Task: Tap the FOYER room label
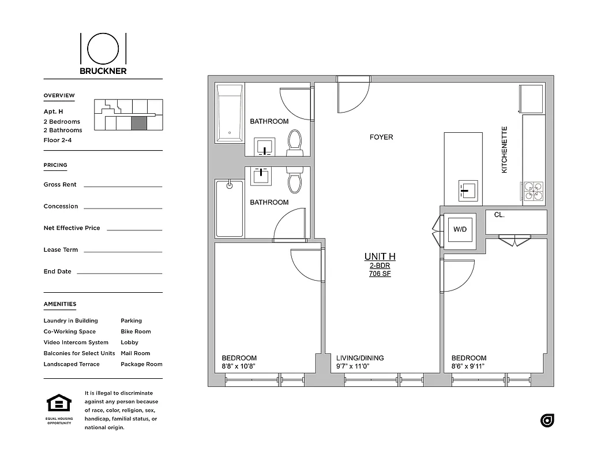coord(381,137)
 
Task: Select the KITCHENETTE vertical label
coord(504,150)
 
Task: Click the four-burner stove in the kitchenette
coord(533,192)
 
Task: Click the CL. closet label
coord(499,215)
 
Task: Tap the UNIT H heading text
coord(380,256)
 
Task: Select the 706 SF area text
coord(380,274)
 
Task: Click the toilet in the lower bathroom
coord(295,180)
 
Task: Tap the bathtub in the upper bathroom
coord(230,113)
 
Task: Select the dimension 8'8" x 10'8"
coord(238,366)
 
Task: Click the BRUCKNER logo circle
coord(103,48)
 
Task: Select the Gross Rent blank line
coord(123,186)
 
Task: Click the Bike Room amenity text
coord(136,331)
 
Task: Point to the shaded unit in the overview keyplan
coord(139,123)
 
